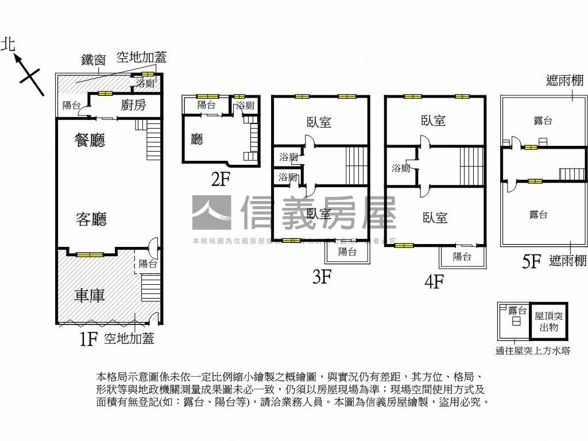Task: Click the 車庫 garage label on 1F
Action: [x=90, y=295]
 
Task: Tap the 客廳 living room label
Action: [x=91, y=219]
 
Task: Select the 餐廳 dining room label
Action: [x=90, y=140]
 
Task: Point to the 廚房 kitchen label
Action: [x=133, y=105]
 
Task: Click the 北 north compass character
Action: [x=8, y=45]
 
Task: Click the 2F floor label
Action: [x=220, y=179]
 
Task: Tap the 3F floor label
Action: [x=322, y=277]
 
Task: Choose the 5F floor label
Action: [x=532, y=262]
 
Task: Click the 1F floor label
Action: [x=87, y=339]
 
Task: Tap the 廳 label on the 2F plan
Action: [x=197, y=139]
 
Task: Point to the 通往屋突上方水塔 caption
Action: [x=533, y=351]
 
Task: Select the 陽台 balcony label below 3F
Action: [x=347, y=252]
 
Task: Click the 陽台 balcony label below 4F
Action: [x=462, y=256]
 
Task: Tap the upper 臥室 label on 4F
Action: [x=434, y=121]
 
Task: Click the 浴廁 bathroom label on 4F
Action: [x=401, y=168]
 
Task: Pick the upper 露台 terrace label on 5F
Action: [x=543, y=120]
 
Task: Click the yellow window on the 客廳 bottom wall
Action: [x=90, y=254]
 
